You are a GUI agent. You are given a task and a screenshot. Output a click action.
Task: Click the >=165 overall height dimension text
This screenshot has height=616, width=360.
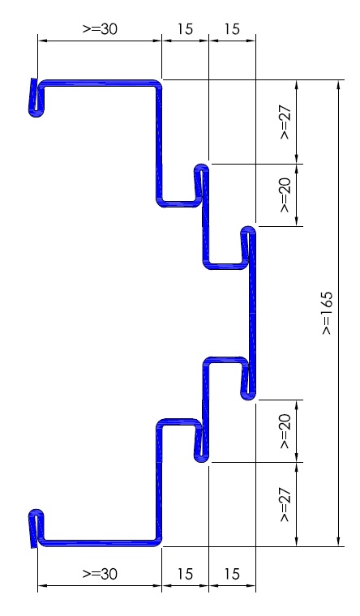click(327, 313)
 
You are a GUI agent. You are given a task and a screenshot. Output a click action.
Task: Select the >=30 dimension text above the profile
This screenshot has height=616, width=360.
click(100, 29)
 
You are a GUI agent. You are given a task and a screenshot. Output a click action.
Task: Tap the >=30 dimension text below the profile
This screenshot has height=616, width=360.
click(100, 574)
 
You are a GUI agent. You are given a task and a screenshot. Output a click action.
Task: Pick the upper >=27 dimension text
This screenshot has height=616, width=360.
click(285, 122)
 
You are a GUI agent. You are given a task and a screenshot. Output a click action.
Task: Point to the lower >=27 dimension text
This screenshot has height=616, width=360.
click(285, 505)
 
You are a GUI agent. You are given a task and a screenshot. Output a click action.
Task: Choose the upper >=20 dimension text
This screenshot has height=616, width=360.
click(285, 195)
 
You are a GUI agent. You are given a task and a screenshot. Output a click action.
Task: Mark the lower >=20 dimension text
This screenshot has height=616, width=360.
click(285, 431)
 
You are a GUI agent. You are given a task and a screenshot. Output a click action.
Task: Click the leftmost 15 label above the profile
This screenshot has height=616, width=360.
click(185, 29)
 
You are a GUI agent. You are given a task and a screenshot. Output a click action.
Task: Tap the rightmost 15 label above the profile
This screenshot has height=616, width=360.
click(232, 29)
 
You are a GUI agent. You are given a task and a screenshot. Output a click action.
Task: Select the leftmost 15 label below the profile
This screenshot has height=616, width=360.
click(185, 574)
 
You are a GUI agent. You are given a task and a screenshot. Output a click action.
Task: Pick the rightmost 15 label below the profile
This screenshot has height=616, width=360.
click(232, 574)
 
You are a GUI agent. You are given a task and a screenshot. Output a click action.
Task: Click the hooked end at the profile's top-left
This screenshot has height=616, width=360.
click(36, 98)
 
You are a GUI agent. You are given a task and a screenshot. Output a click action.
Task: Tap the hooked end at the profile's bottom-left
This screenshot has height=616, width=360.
click(36, 528)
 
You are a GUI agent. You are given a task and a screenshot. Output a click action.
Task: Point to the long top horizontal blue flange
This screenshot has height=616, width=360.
click(99, 83)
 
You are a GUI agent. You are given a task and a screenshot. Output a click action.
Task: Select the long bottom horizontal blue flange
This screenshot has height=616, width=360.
click(99, 543)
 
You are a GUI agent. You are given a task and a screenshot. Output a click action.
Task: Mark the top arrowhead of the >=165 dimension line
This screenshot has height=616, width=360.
click(338, 84)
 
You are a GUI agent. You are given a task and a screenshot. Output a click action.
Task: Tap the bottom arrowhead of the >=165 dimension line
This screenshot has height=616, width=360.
click(338, 541)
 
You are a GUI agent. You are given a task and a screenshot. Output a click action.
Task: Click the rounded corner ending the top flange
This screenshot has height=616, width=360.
click(157, 83)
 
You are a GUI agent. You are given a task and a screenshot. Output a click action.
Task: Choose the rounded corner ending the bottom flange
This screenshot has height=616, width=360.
click(157, 542)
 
